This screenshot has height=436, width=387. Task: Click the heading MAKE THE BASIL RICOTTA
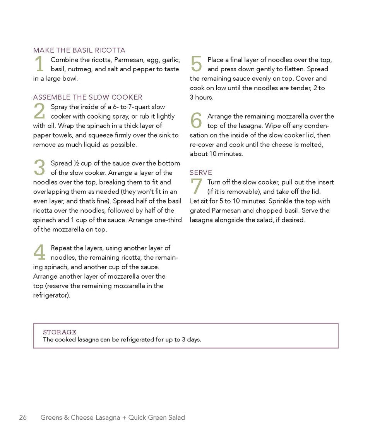click(79, 50)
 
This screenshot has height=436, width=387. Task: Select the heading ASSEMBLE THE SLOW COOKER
click(87, 97)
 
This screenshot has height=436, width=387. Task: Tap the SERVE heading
click(201, 172)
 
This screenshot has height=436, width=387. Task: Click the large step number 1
click(39, 64)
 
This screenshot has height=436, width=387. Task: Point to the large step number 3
click(39, 168)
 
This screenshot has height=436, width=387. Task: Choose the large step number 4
click(39, 253)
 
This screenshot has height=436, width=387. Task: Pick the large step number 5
click(196, 64)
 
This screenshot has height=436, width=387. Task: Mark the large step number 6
click(196, 121)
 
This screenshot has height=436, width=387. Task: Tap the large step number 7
click(196, 187)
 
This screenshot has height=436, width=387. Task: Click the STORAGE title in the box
click(60, 332)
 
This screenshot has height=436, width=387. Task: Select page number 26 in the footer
click(23, 417)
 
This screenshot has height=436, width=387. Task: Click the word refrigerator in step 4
click(51, 295)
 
